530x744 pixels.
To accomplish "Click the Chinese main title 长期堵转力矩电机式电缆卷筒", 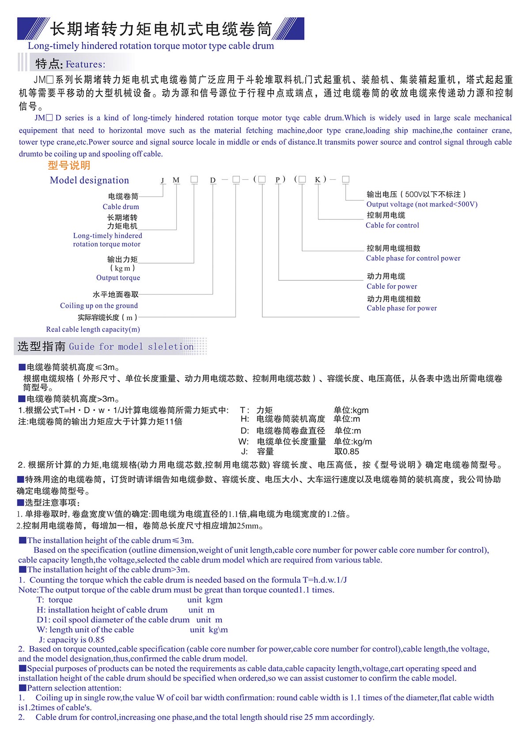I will point(161,29).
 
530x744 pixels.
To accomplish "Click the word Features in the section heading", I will point(85,64).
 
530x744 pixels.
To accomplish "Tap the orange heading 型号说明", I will point(69,166).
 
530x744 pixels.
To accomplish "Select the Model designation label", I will point(89,180).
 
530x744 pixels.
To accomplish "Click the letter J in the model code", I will point(163,180).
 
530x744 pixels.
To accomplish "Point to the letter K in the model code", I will point(318,180).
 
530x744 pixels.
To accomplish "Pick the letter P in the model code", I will point(278,180).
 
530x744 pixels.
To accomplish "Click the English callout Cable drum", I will point(121,207).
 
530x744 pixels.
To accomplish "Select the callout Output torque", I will point(118,278).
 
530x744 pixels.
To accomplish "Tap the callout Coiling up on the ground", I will point(99,306).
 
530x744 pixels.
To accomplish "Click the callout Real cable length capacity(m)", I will point(93,329).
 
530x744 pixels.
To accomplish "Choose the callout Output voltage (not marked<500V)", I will point(422,204).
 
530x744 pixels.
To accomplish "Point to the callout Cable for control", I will point(392,225).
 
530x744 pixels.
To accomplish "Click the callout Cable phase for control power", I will point(413,258).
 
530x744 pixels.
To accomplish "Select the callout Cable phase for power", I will point(401,308).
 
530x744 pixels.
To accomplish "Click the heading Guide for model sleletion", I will point(131,347).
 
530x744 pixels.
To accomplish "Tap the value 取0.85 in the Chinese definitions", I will point(347,452).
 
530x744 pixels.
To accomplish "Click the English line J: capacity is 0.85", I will point(72,640).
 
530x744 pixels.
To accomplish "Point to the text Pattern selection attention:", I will point(74,688).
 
